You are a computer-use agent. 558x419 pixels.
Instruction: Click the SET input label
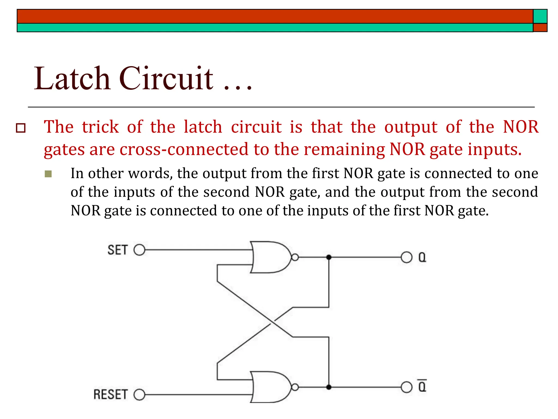117,250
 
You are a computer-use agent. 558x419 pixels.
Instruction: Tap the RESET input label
110,394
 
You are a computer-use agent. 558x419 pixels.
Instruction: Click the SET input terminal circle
139,250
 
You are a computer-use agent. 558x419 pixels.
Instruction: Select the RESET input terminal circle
139,394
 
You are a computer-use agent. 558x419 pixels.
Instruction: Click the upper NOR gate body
270,257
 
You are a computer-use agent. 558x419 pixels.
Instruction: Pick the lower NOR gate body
270,387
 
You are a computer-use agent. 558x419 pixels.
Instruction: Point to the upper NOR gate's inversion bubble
295,257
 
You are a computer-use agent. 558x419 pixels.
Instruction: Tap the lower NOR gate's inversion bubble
295,387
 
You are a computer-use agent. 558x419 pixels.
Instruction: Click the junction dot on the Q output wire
329,257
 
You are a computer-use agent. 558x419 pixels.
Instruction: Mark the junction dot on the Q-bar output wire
329,387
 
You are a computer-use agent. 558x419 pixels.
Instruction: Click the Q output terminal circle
407,257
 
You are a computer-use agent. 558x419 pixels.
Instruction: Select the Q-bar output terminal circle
407,387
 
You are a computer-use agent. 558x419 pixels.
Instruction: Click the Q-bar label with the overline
422,386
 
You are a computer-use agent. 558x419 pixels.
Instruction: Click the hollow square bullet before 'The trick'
21,128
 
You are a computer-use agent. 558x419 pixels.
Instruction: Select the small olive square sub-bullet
48,174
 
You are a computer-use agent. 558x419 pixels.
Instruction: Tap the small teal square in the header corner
540,16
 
